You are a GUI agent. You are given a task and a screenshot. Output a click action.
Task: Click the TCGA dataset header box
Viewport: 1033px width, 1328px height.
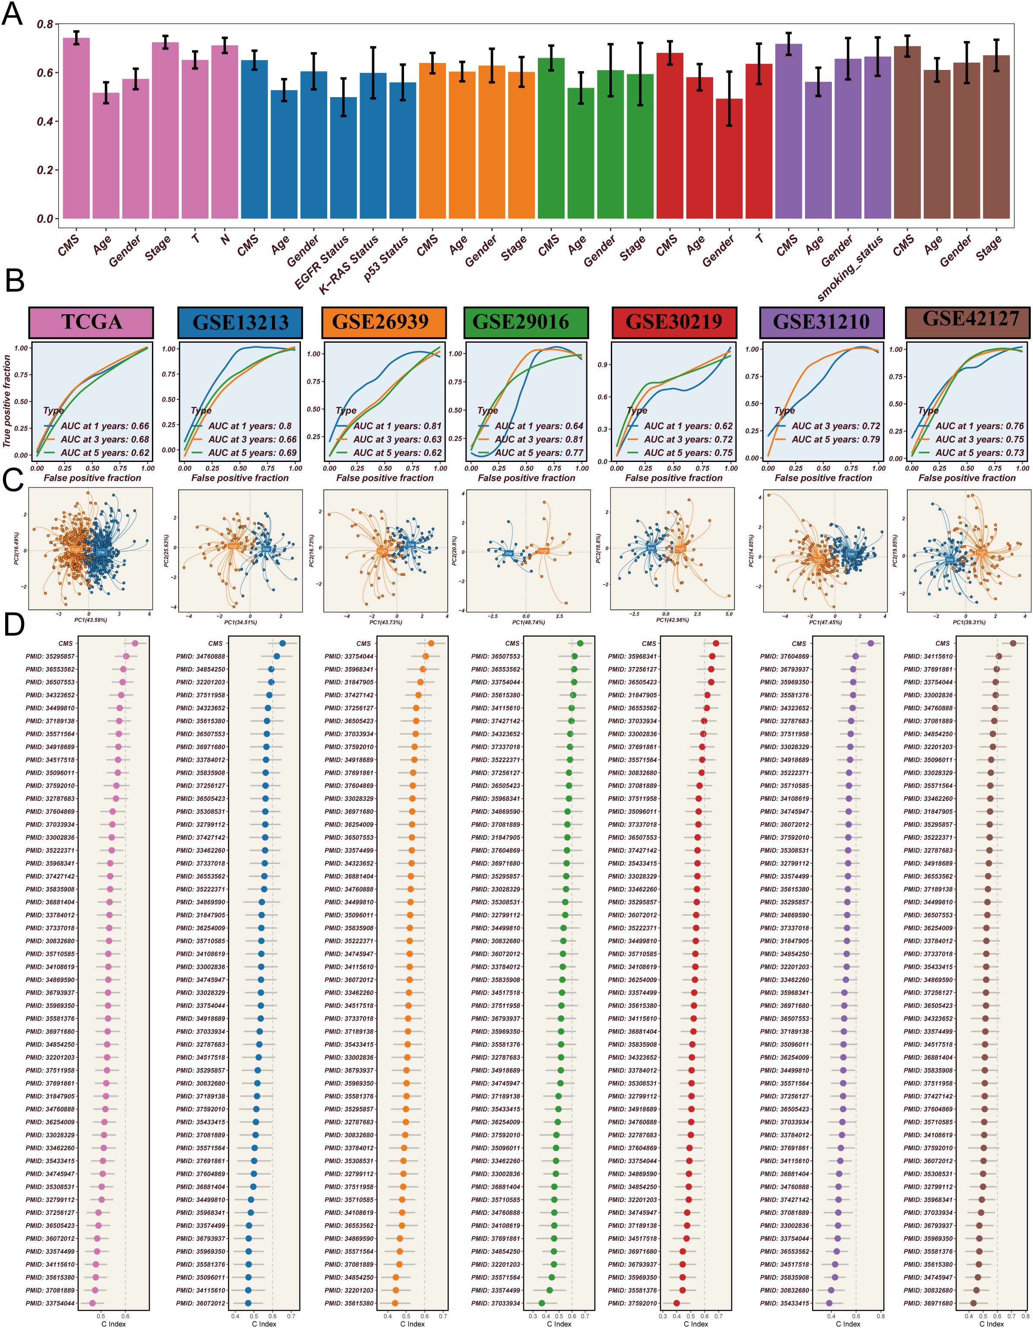pyautogui.click(x=91, y=322)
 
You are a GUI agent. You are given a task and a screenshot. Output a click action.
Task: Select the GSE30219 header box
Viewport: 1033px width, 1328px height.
pyautogui.click(x=674, y=322)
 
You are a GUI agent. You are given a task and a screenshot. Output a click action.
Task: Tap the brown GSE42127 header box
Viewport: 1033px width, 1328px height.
pyautogui.click(x=970, y=322)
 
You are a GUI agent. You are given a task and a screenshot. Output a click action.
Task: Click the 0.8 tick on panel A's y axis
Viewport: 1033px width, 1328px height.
pyautogui.click(x=44, y=24)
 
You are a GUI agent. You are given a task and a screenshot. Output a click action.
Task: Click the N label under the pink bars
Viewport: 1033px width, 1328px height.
pyautogui.click(x=225, y=239)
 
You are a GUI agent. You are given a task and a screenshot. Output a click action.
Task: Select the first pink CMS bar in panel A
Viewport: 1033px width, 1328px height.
pyautogui.click(x=76, y=128)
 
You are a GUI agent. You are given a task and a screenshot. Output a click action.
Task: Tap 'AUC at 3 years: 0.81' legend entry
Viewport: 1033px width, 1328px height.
pyautogui.click(x=539, y=439)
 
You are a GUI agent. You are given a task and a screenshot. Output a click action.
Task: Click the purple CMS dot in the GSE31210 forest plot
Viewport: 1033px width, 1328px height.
pyautogui.click(x=871, y=643)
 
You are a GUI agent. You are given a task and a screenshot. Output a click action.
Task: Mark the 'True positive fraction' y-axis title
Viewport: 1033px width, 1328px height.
pyautogui.click(x=6, y=402)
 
